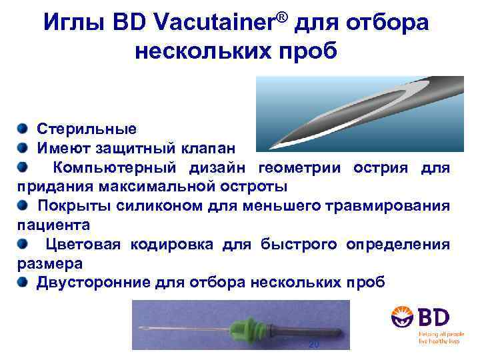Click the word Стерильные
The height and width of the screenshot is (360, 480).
[86, 128]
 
